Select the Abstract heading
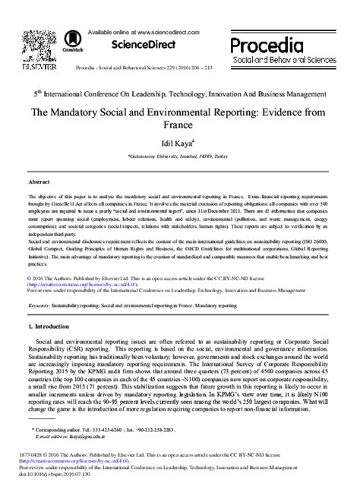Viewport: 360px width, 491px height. point(39,184)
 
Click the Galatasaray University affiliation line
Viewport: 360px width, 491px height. point(179,152)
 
